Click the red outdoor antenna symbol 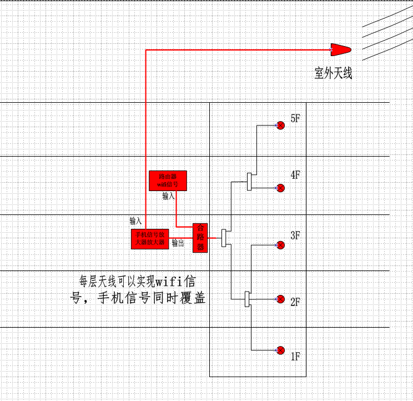(341, 49)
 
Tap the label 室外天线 (333, 73)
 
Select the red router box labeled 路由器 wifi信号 (168, 181)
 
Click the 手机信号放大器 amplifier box (150, 239)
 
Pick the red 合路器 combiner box (200, 238)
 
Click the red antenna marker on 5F (280, 126)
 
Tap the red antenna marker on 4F (280, 188)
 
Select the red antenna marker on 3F (280, 245)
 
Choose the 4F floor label (295, 176)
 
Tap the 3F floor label (295, 235)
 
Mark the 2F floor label (295, 303)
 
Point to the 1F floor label (295, 357)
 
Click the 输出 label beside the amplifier (178, 243)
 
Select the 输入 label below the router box (169, 196)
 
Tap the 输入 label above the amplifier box (136, 220)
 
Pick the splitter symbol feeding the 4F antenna (250, 181)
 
